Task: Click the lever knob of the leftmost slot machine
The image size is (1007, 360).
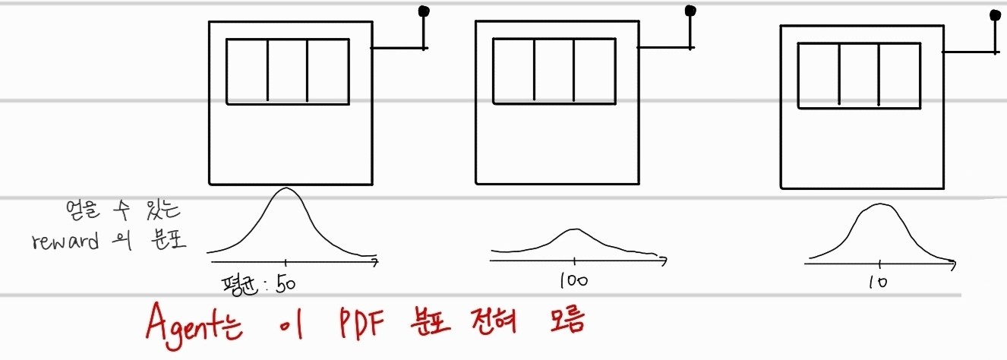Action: (424, 11)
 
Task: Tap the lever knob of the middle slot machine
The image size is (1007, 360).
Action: (690, 11)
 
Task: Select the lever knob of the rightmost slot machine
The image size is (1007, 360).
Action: (995, 14)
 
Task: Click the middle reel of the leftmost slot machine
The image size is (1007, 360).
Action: (287, 71)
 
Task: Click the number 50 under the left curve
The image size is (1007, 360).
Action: (286, 284)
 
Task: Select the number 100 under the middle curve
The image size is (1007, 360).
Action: (574, 280)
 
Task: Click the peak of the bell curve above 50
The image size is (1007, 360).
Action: (286, 188)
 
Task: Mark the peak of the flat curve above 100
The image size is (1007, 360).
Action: (575, 229)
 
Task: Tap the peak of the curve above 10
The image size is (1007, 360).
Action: (880, 204)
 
